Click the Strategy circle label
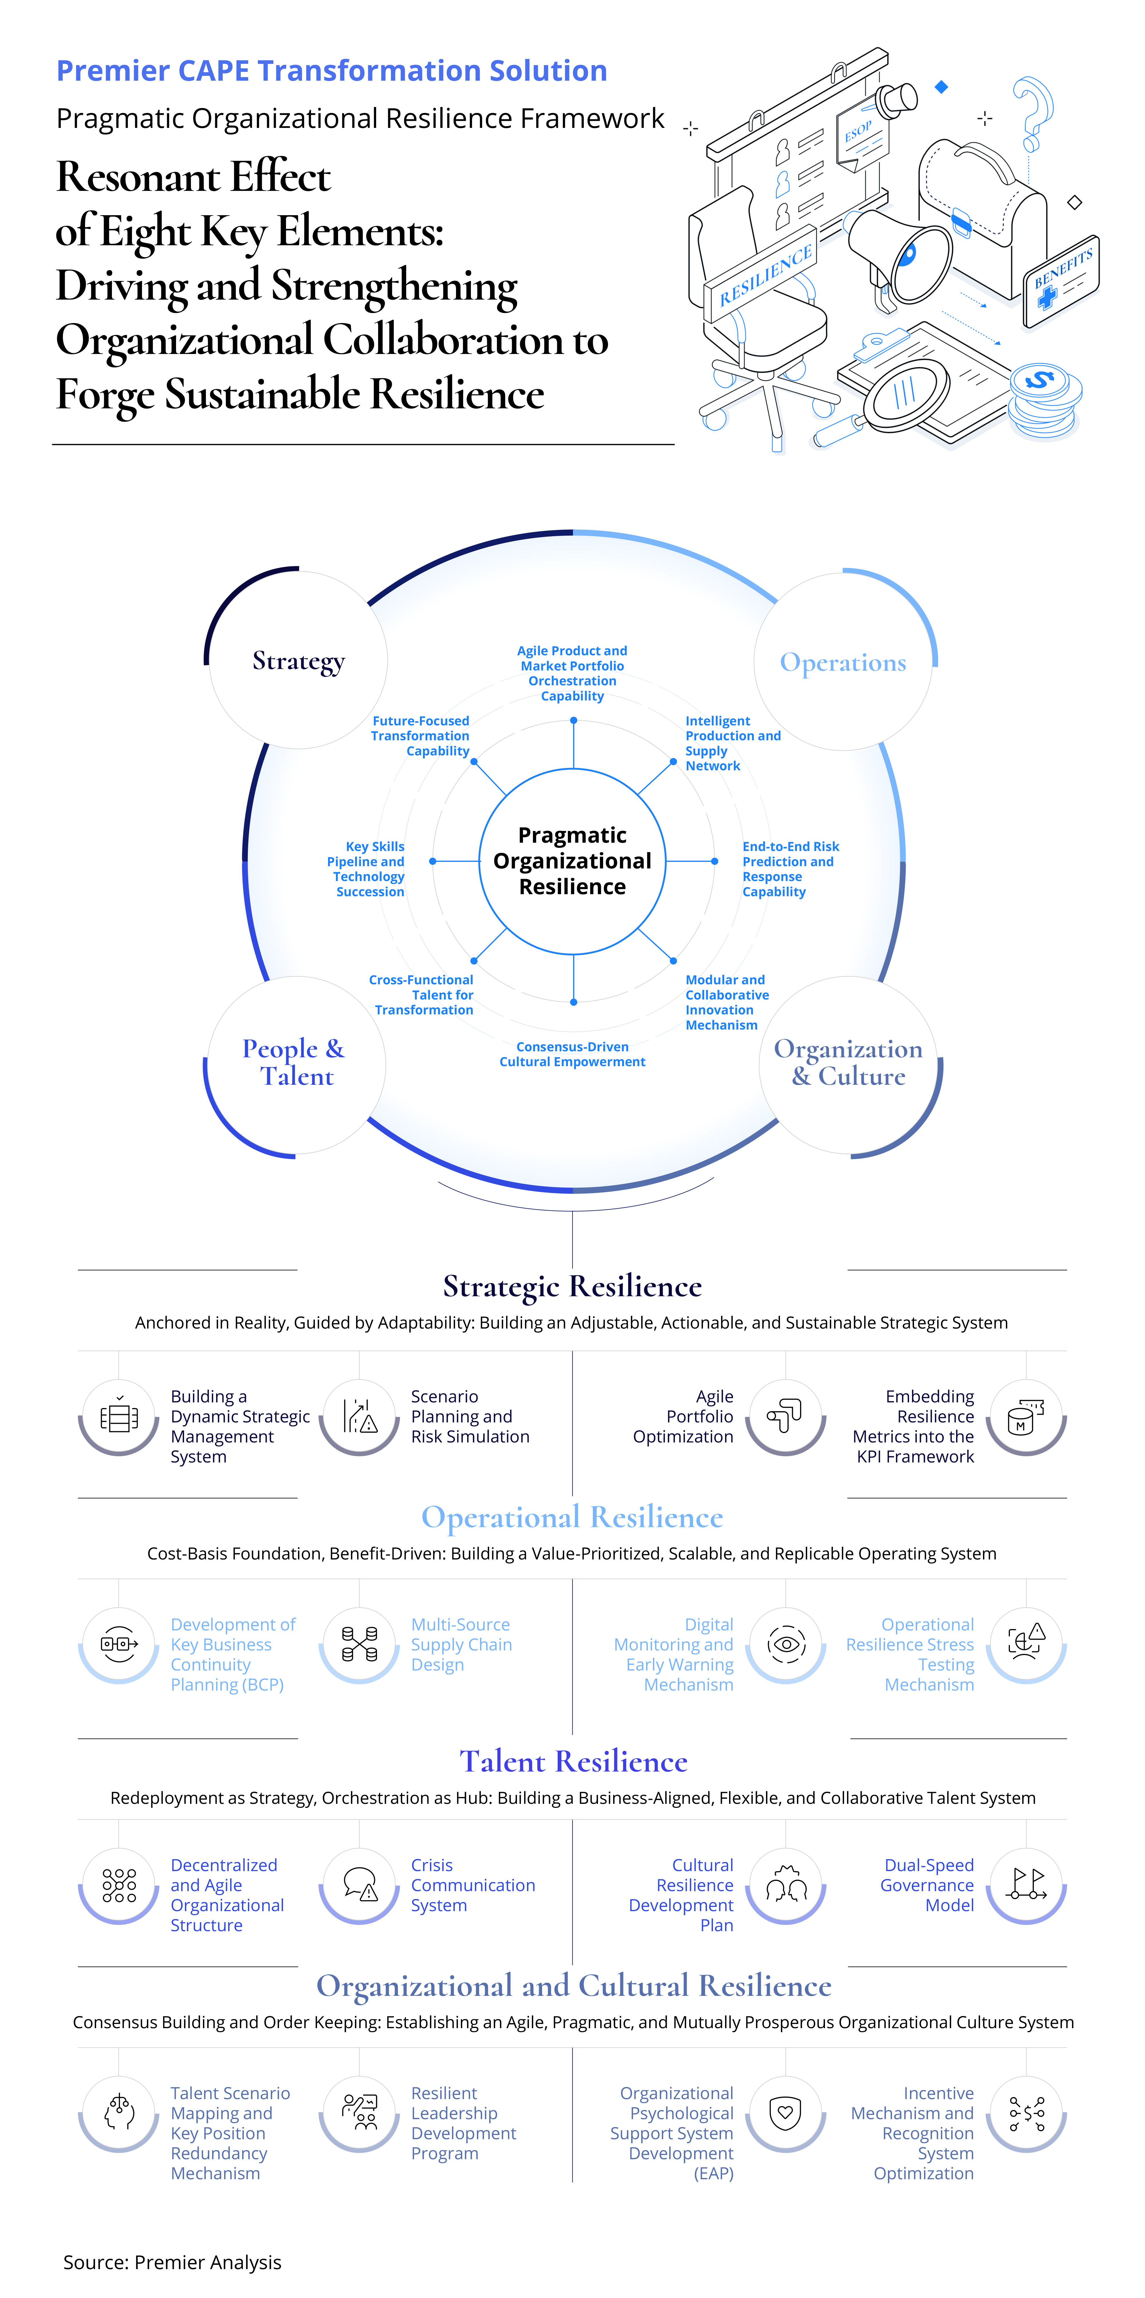coord(298,661)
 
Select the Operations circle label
coord(842,663)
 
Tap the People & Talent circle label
coord(295,1062)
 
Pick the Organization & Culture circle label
coord(848,1062)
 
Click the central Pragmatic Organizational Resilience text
coord(572,861)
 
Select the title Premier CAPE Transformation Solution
coord(332,70)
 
